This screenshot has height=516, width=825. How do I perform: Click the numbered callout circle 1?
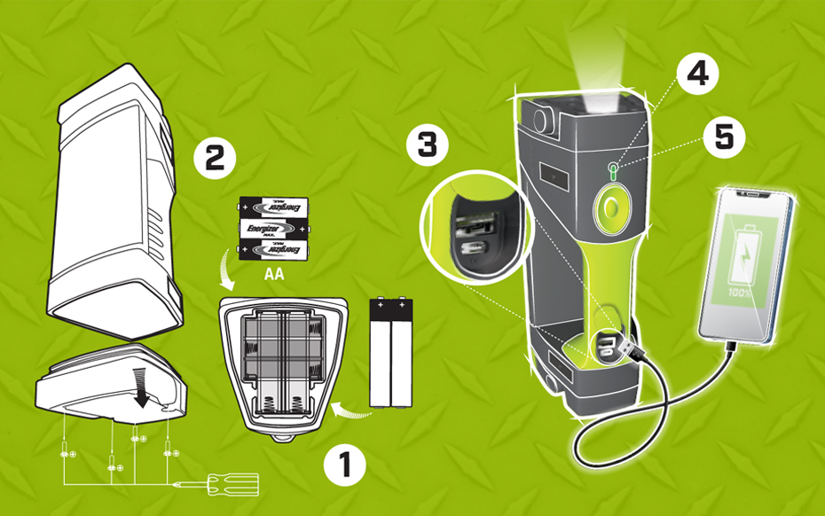pyautogui.click(x=344, y=465)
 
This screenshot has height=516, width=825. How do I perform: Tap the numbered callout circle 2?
pyautogui.click(x=215, y=158)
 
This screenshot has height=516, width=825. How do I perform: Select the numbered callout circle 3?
pyautogui.click(x=428, y=145)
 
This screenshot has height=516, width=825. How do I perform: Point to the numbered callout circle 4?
pyautogui.click(x=697, y=73)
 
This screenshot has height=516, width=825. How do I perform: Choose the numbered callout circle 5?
pyautogui.click(x=724, y=137)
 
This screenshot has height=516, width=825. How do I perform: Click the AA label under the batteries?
pyautogui.click(x=273, y=274)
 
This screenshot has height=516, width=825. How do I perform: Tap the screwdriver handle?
pyautogui.click(x=233, y=484)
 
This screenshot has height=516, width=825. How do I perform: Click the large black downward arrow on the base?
pyautogui.click(x=141, y=387)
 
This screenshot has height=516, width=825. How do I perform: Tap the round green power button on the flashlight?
pyautogui.click(x=611, y=207)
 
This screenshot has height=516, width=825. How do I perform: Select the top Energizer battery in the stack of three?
pyautogui.click(x=273, y=207)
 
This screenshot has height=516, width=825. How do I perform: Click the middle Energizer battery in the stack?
pyautogui.click(x=273, y=229)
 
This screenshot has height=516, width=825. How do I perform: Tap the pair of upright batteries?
pyautogui.click(x=391, y=353)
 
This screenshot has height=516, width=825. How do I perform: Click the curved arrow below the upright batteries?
pyautogui.click(x=351, y=411)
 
